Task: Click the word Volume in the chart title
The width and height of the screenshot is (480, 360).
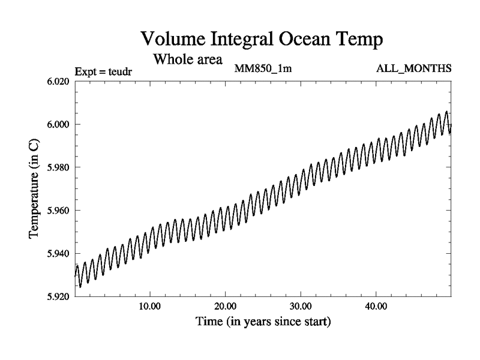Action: (x=172, y=39)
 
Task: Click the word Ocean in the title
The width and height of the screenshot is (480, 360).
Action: (x=308, y=39)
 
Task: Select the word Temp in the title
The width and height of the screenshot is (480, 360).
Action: (x=358, y=40)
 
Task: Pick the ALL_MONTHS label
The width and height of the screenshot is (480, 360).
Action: (x=413, y=68)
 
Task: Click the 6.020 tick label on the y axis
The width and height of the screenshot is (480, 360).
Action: (x=58, y=82)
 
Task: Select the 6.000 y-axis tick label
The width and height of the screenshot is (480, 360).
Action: (x=58, y=124)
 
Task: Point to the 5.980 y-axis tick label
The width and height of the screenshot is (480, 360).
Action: (x=58, y=167)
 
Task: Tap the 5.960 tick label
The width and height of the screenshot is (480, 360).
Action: (x=58, y=211)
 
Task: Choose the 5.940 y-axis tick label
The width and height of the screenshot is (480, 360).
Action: (x=58, y=254)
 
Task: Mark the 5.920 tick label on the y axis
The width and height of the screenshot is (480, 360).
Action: (x=58, y=296)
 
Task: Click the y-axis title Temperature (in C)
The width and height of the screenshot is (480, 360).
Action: (x=34, y=189)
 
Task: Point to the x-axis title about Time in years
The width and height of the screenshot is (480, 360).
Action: (x=263, y=322)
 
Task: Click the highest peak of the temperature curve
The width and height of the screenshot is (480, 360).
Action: (x=446, y=112)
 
